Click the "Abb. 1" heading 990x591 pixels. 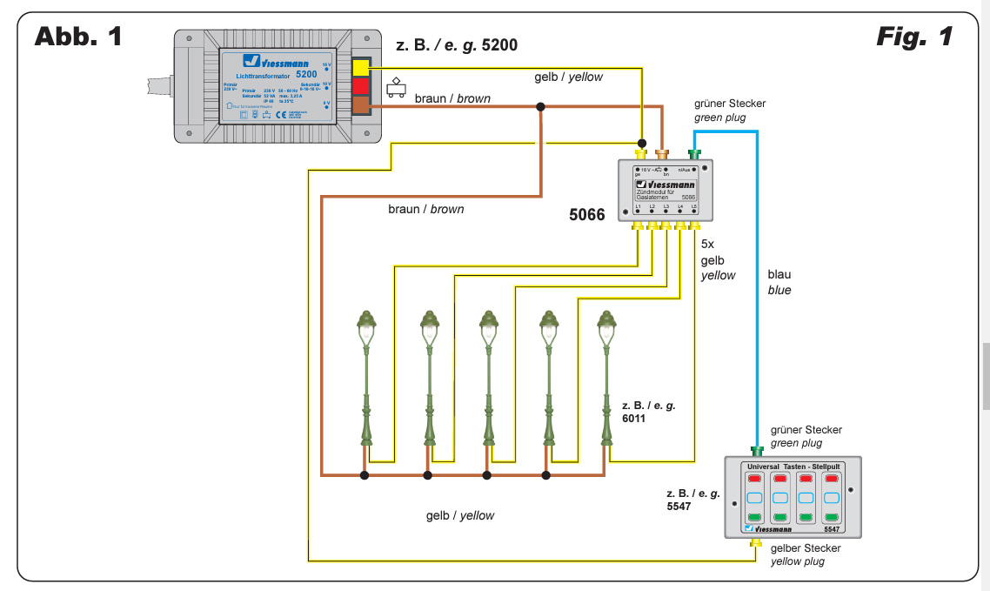[77, 37]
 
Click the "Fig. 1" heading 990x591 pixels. [913, 37]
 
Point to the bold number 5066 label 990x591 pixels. [587, 214]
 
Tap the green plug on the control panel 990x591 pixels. [757, 451]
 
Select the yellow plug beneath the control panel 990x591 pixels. [756, 543]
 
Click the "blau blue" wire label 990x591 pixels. [779, 282]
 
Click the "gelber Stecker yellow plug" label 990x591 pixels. [806, 554]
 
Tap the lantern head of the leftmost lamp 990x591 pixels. [367, 327]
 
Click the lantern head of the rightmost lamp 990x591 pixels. [606, 327]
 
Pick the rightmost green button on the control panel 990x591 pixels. [831, 518]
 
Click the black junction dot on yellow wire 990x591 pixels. [642, 143]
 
